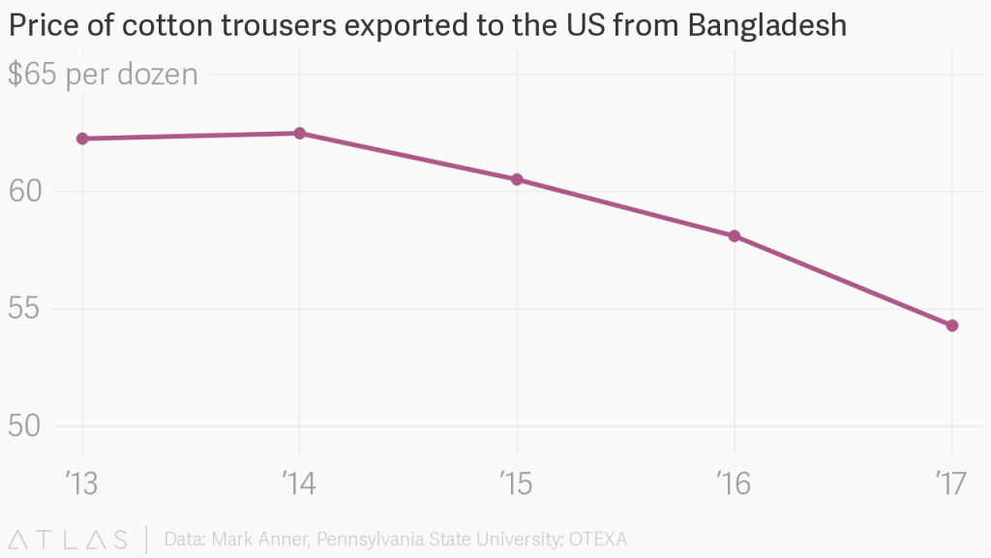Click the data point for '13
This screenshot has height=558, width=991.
click(x=82, y=139)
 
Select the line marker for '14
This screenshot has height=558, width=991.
click(x=300, y=133)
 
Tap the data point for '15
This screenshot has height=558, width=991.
click(x=517, y=179)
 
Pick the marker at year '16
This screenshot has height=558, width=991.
click(x=735, y=235)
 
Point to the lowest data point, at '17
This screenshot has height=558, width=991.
click(x=952, y=325)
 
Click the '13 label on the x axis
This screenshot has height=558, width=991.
click(x=82, y=482)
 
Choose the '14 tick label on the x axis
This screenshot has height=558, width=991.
click(x=299, y=482)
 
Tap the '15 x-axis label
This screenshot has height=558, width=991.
click(x=517, y=482)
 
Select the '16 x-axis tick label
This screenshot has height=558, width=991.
click(x=735, y=482)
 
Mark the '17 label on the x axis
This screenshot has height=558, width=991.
click(x=952, y=482)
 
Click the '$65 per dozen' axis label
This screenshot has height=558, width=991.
click(x=103, y=75)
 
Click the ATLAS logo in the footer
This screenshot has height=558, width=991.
click(x=68, y=539)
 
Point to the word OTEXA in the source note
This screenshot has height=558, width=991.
click(x=607, y=539)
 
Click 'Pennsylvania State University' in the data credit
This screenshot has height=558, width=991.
click(x=434, y=539)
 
